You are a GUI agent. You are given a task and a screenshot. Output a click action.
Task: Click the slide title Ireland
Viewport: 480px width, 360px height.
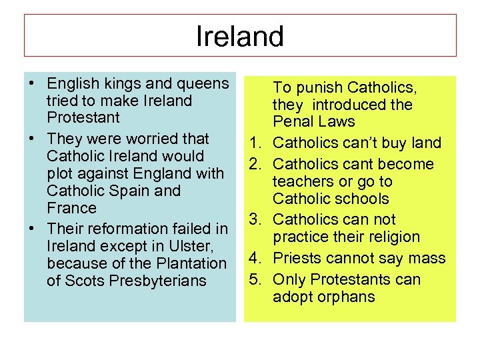[x=240, y=37]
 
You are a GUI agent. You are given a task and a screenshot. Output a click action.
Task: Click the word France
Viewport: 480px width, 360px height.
[x=71, y=208]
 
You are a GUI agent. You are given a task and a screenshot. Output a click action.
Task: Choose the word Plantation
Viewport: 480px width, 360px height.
[x=187, y=263]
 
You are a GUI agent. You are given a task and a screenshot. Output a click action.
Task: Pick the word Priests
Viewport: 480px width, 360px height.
[x=297, y=258]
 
